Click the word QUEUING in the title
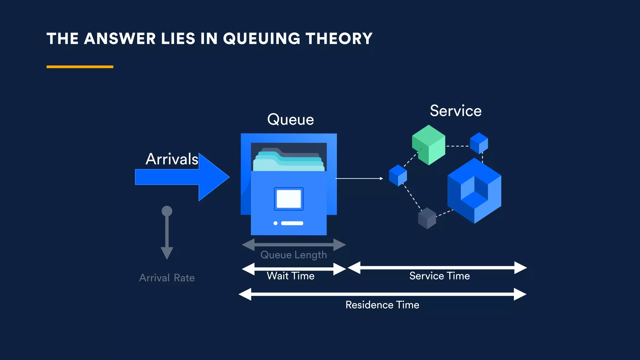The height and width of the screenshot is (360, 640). tap(262, 39)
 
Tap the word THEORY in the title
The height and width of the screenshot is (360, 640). tap(339, 39)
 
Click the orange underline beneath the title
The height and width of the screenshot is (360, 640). tap(80, 67)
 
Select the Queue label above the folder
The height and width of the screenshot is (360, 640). tap(290, 119)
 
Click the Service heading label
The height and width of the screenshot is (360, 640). tap(455, 111)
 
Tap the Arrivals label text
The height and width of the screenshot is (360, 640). tap(172, 159)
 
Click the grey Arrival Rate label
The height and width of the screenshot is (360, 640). tap(167, 278)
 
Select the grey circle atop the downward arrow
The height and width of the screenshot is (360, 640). tap(167, 211)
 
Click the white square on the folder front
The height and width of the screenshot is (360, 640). tap(289, 199)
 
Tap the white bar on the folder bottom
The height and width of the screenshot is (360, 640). tap(292, 223)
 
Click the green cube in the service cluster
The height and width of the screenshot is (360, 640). tap(428, 145)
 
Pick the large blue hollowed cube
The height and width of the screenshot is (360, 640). tap(474, 191)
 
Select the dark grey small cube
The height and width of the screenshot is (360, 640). tap(427, 218)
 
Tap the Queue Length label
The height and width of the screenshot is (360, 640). tap(293, 255)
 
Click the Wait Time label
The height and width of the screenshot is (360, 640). tap(290, 276)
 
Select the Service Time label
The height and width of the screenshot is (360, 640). tap(439, 276)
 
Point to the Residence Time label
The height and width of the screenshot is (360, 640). tap(382, 305)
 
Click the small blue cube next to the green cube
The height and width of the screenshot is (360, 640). tap(479, 143)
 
